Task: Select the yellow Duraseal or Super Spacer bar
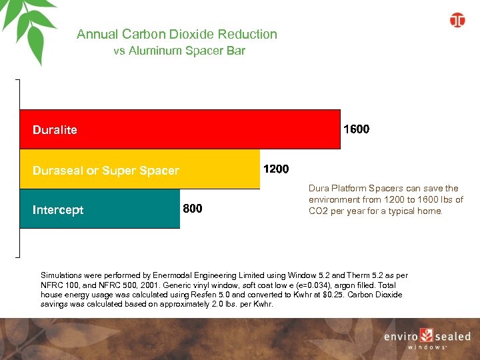click(x=213, y=169)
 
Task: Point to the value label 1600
click(x=356, y=129)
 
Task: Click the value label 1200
click(x=276, y=169)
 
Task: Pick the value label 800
click(x=193, y=209)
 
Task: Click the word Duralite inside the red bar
click(x=55, y=130)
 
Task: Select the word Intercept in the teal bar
click(x=58, y=210)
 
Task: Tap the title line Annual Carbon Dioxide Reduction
click(x=177, y=34)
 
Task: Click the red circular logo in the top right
click(x=457, y=20)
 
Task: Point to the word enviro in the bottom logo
click(x=400, y=337)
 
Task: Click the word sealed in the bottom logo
click(x=453, y=337)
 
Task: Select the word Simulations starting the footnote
click(x=62, y=275)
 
